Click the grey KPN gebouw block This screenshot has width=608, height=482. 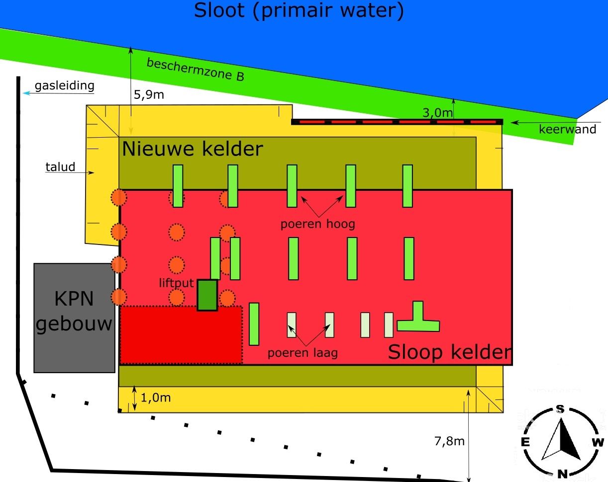(74, 318)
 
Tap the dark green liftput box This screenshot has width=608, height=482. (207, 295)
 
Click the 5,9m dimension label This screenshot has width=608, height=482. (149, 94)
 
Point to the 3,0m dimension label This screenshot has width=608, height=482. (438, 113)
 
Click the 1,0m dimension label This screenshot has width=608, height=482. (156, 398)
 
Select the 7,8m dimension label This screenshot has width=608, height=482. (449, 441)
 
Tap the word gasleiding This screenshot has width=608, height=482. (64, 86)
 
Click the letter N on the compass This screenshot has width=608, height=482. (562, 473)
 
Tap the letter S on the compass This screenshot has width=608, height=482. (560, 409)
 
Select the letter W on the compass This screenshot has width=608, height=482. (598, 442)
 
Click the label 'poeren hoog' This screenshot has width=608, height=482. (318, 224)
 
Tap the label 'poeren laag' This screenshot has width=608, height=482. (303, 353)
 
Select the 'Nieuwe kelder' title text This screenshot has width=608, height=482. (192, 149)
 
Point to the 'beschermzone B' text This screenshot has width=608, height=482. (196, 70)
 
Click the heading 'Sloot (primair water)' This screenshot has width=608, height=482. (299, 10)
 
